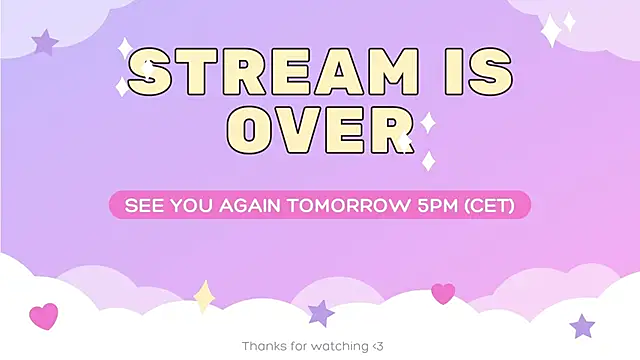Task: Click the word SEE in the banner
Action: click(x=142, y=206)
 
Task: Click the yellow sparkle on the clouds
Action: click(x=204, y=296)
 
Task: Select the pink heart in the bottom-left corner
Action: click(x=44, y=316)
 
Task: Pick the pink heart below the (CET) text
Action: click(x=443, y=293)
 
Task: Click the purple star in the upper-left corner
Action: click(x=45, y=42)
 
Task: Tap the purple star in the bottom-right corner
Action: click(x=582, y=326)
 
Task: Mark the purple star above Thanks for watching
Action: click(x=321, y=313)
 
